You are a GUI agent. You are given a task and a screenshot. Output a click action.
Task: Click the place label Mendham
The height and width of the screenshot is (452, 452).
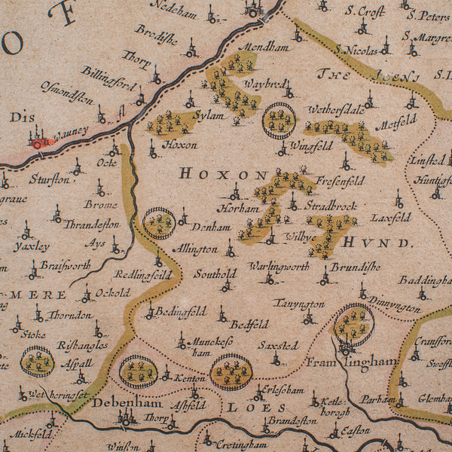click(x=264, y=47)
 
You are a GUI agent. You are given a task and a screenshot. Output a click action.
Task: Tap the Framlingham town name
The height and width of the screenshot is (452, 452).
click(x=350, y=362)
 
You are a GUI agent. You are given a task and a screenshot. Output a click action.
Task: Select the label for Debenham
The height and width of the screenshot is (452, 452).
click(x=116, y=403)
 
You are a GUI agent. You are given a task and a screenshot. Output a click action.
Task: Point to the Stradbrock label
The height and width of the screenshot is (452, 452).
click(x=331, y=206)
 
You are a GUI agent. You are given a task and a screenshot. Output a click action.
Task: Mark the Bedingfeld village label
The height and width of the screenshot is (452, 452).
click(x=181, y=310)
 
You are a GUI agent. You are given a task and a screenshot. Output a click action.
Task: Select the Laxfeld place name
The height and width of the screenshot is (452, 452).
click(x=390, y=218)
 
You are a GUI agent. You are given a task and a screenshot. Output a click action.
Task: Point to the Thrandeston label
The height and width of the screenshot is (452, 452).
click(x=91, y=224)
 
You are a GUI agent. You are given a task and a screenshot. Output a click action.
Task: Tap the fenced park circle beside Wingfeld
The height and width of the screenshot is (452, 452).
click(x=279, y=121)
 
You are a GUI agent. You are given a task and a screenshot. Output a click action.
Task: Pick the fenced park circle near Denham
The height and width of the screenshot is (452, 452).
click(x=159, y=223)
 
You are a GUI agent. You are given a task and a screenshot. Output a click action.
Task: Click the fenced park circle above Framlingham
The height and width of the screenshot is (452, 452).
click(x=353, y=324)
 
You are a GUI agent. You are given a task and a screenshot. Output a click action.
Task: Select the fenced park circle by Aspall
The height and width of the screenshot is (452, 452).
click(x=37, y=362)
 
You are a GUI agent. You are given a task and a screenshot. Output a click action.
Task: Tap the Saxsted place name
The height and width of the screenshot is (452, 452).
click(x=278, y=346)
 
